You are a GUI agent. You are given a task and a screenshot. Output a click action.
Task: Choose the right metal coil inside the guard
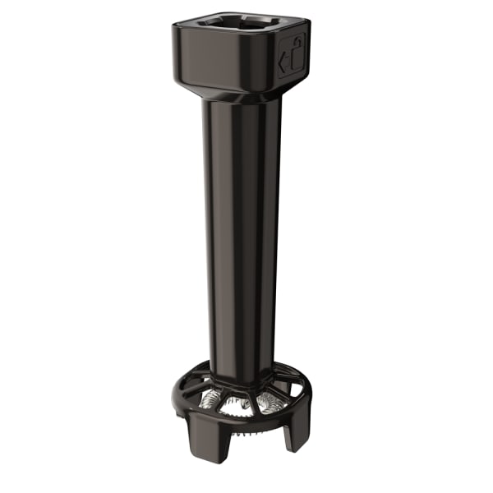pyautogui.click(x=270, y=402)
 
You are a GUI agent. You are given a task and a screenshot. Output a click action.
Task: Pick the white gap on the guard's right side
pyautogui.click(x=302, y=407)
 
